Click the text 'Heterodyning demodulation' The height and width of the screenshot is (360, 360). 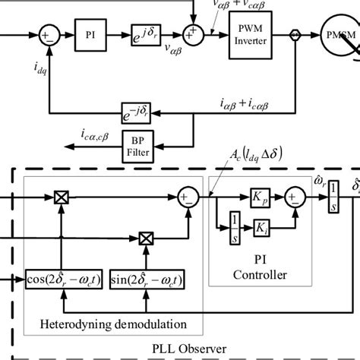115,327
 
